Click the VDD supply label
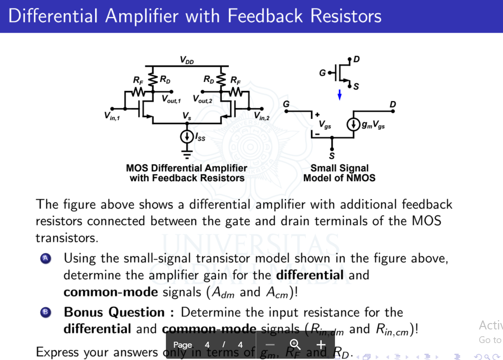click(x=186, y=60)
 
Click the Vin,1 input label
click(x=112, y=116)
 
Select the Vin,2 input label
click(x=261, y=116)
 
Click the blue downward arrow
click(x=339, y=96)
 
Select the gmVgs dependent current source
click(x=353, y=125)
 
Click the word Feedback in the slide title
click(x=266, y=16)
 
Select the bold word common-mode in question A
click(x=110, y=292)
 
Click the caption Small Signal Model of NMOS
click(x=339, y=173)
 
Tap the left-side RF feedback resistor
click(x=138, y=91)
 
